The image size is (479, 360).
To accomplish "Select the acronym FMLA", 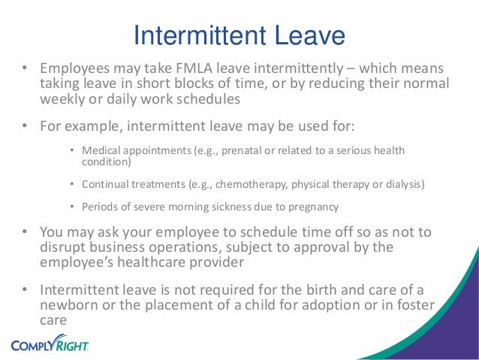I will (154, 68).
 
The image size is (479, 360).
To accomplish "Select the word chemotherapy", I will (236, 184).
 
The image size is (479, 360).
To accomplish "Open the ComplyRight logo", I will (50, 345).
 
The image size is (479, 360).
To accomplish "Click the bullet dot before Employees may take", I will (24, 68).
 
